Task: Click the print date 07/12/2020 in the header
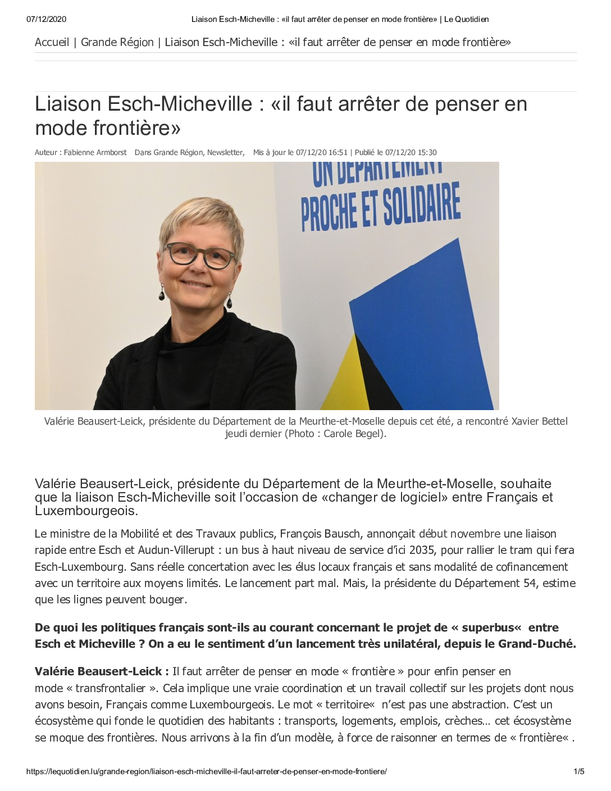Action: point(46,19)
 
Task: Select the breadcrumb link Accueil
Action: point(52,42)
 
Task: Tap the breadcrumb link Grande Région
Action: point(117,42)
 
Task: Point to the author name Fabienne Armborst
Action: point(95,152)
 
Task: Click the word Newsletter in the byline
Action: point(225,152)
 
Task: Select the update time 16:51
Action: point(338,152)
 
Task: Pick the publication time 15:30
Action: point(427,152)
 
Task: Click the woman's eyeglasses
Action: point(200,254)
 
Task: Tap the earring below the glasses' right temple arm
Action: point(229,302)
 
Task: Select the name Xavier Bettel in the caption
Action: point(539,421)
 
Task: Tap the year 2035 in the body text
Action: point(421,550)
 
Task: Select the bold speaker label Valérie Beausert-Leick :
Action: point(102,671)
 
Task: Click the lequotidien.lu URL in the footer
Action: point(206,771)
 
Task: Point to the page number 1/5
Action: point(578,771)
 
